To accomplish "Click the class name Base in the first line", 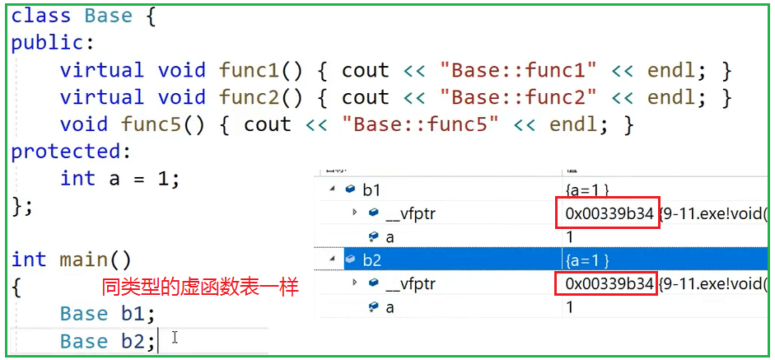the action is point(109,16).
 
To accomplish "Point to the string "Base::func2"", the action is point(519,97).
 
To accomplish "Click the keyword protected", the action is point(64,152).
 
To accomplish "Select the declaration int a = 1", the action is point(119,179).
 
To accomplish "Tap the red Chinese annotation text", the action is point(199,288).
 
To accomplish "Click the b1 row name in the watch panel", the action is point(371,190).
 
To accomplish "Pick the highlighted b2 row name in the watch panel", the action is point(371,260).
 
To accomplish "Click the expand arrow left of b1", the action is point(333,190).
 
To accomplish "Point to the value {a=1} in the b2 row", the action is point(587,260).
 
